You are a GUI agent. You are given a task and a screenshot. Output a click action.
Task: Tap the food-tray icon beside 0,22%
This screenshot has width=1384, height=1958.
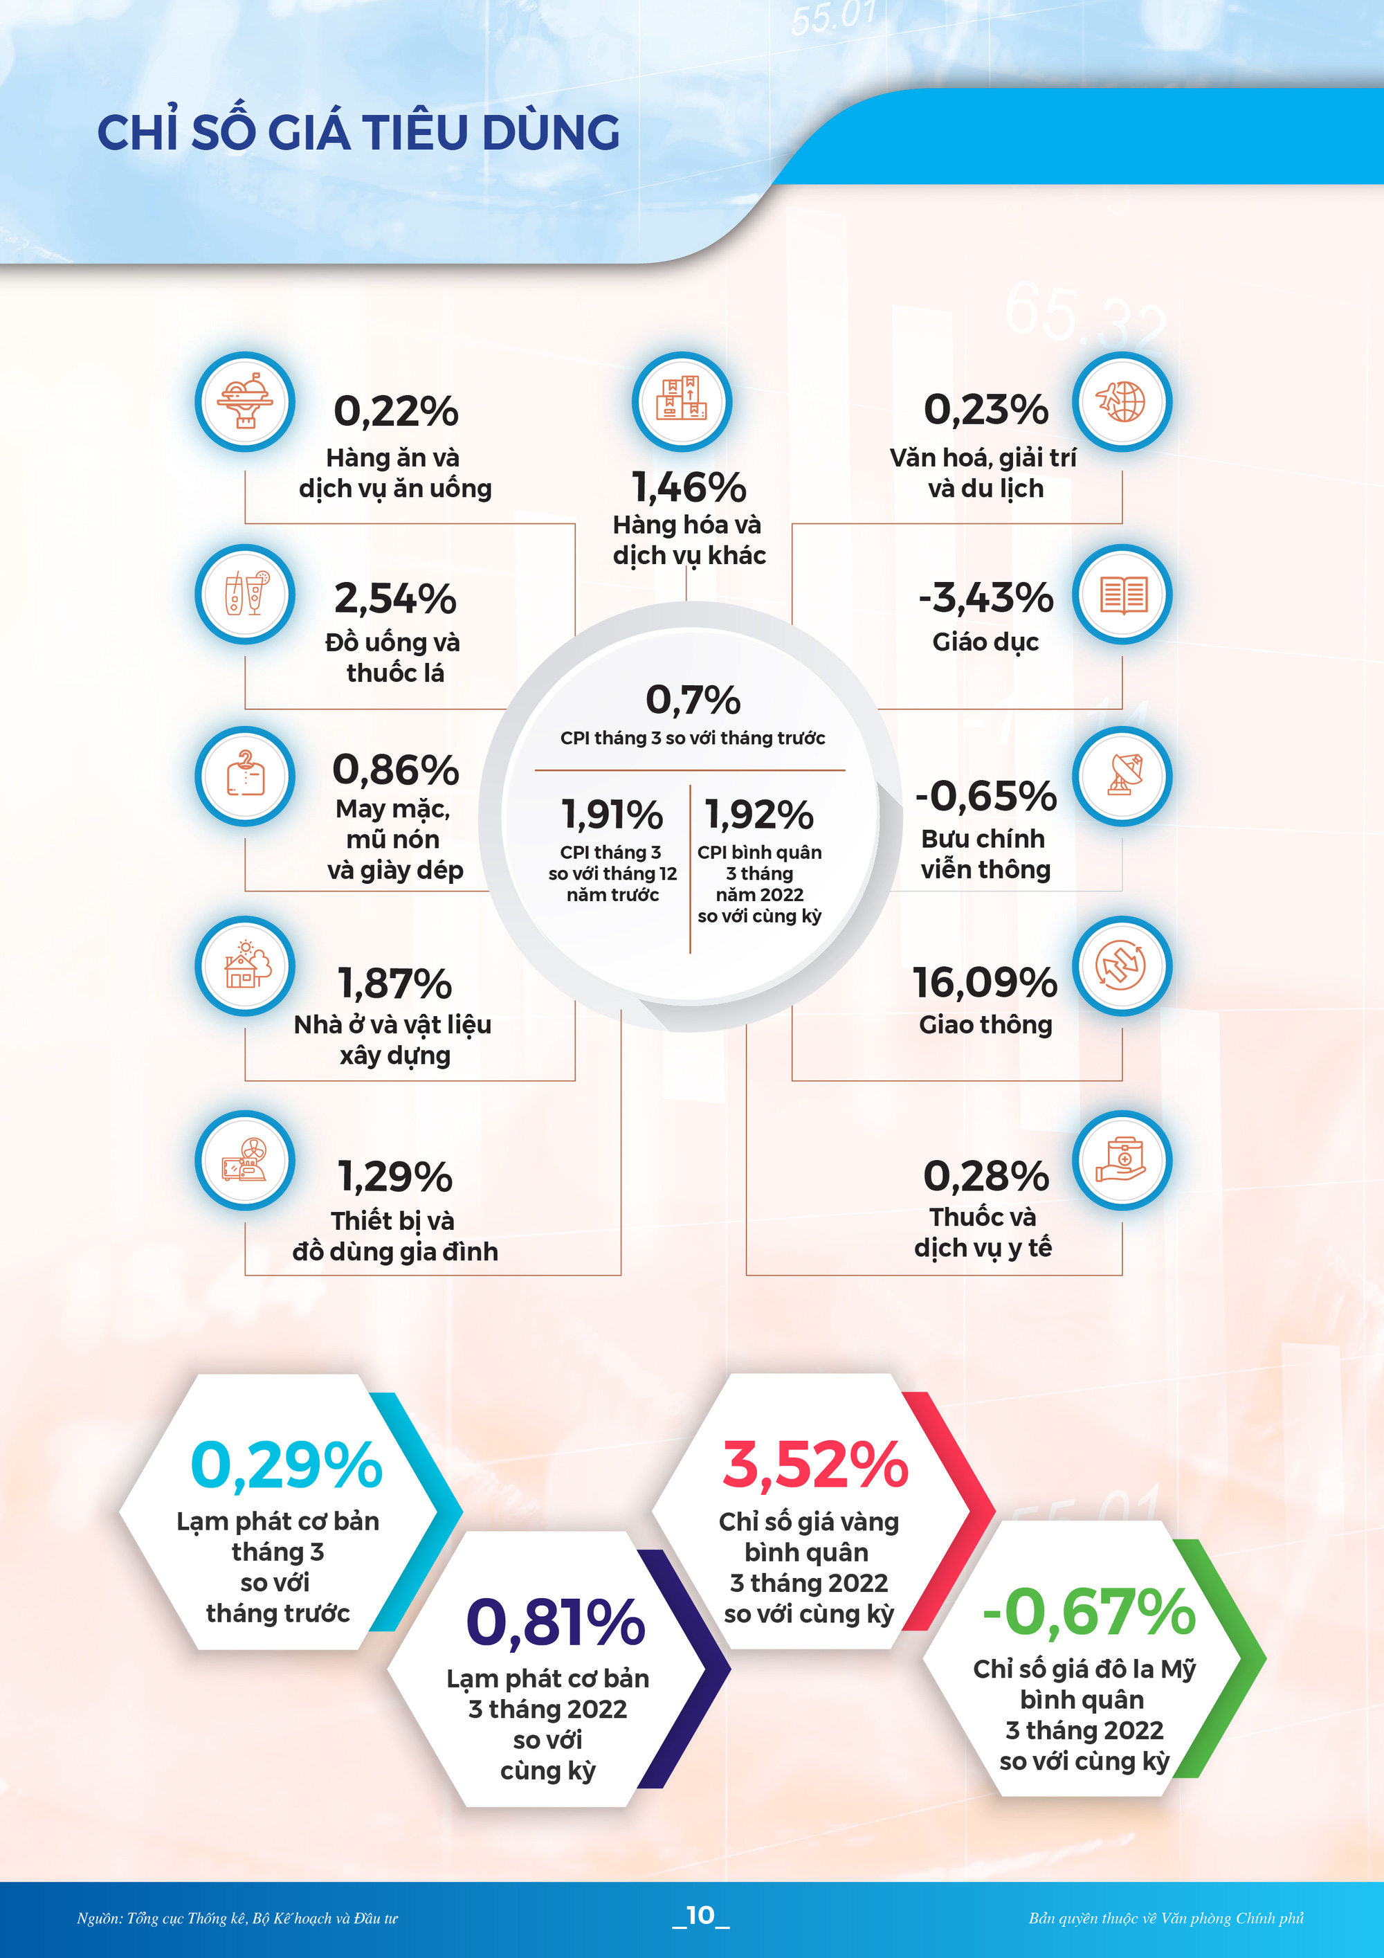(x=245, y=401)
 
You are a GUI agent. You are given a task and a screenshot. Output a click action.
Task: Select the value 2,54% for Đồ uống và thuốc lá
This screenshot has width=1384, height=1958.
(x=395, y=598)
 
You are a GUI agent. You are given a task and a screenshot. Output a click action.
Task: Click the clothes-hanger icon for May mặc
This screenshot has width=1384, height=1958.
(x=245, y=776)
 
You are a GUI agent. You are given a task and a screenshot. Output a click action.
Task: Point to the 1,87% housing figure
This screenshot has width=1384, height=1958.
(x=395, y=983)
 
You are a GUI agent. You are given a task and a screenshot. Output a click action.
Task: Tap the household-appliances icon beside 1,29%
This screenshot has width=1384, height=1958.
(x=245, y=1161)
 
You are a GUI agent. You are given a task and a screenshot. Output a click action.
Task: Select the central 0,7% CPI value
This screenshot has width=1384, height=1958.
(x=693, y=700)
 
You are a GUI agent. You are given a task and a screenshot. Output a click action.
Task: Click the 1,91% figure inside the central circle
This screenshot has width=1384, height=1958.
(x=612, y=815)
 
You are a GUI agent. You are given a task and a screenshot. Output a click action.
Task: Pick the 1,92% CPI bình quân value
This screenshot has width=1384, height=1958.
(x=759, y=815)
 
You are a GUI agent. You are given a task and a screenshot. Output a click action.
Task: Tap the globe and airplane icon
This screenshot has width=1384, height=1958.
(x=1121, y=401)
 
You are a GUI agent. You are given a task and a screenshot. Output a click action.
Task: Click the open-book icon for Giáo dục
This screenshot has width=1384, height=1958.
(x=1121, y=595)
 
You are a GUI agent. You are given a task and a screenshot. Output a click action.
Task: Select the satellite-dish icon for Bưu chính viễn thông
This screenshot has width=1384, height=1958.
(x=1121, y=776)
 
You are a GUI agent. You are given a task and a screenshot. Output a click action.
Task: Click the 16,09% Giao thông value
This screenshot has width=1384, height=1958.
(x=985, y=982)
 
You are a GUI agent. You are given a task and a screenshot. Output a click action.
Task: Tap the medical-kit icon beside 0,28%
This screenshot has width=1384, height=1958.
(x=1121, y=1161)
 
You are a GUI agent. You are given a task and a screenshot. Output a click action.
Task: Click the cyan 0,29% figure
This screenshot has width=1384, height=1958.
(x=286, y=1465)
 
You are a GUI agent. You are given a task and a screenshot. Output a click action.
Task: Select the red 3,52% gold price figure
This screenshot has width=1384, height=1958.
(x=814, y=1465)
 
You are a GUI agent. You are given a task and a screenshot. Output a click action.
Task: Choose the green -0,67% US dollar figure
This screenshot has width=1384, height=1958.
(x=1089, y=1612)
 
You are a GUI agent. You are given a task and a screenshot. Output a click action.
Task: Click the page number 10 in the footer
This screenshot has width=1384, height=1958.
(x=700, y=1914)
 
